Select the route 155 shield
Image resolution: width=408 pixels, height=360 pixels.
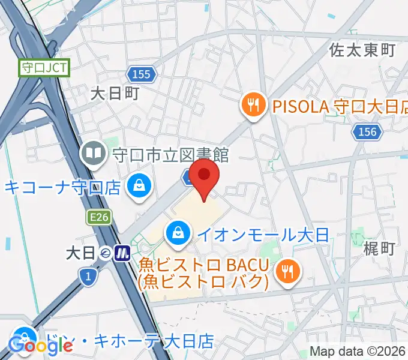click(x=141, y=74)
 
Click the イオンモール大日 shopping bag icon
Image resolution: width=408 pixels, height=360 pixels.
click(x=178, y=233)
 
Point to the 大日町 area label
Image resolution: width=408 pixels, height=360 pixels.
click(x=115, y=92)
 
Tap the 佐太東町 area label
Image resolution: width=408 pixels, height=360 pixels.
click(x=362, y=50)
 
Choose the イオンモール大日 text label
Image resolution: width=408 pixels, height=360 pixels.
click(x=263, y=234)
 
